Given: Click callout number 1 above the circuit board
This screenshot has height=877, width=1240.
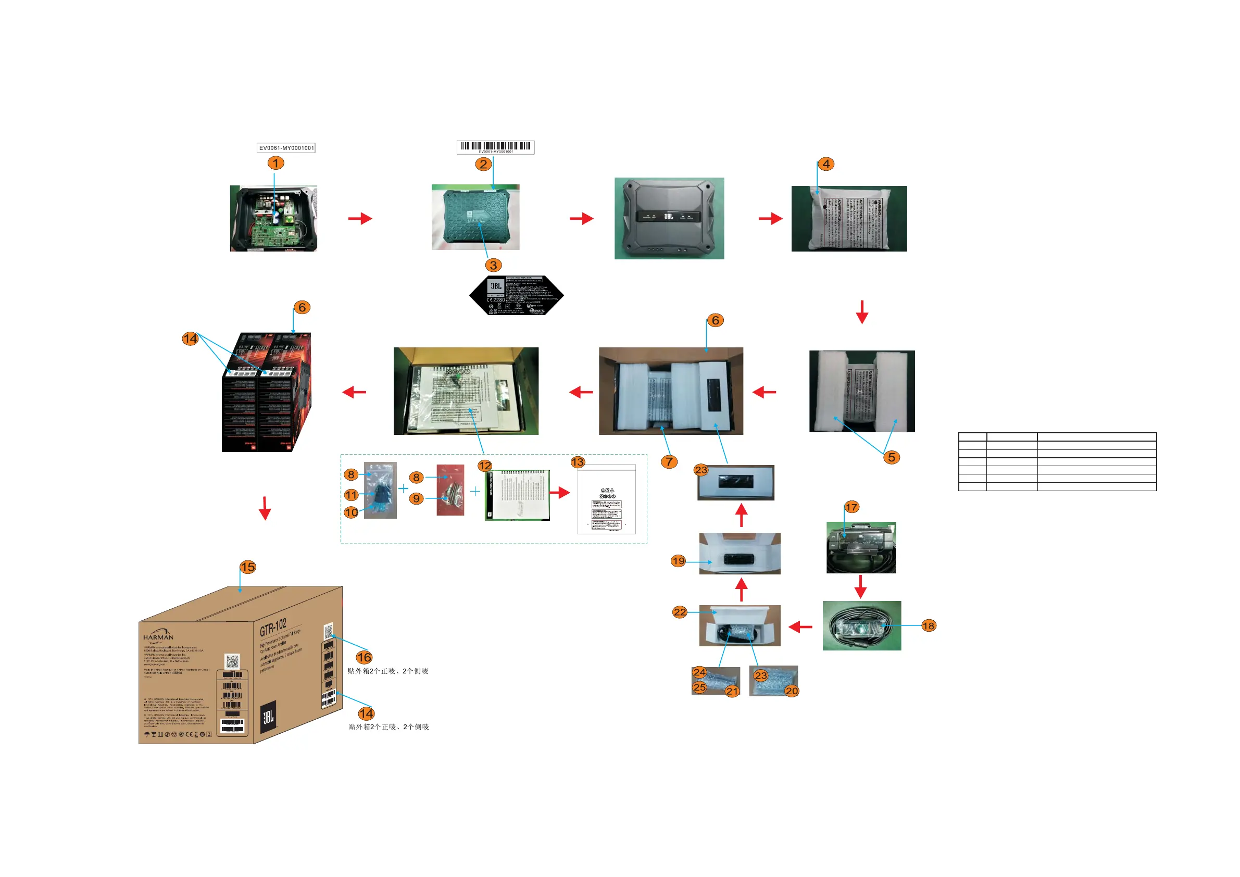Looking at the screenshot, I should [x=275, y=163].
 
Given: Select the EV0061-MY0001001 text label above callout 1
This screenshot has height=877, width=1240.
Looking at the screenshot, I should [x=286, y=148].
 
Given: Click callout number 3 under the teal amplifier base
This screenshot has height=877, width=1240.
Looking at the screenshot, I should [x=493, y=265].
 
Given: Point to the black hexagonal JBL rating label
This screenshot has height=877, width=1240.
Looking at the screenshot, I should [x=516, y=295].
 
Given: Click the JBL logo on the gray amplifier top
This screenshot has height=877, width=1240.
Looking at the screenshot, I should [x=669, y=216].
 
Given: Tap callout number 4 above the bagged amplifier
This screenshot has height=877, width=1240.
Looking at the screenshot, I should [x=826, y=164].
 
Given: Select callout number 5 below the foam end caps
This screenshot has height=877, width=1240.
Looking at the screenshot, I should [x=891, y=457].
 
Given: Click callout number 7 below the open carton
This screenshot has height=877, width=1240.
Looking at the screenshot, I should [x=669, y=462].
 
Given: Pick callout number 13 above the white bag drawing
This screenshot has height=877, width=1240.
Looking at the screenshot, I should [x=578, y=462].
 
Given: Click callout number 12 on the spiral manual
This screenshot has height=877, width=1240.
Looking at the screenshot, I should [x=484, y=466].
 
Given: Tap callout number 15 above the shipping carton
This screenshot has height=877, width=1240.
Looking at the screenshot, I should [x=248, y=567].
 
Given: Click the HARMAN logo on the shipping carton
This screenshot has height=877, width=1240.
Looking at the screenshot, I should [x=158, y=635].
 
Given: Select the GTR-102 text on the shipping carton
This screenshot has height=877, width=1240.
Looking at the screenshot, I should [x=273, y=627].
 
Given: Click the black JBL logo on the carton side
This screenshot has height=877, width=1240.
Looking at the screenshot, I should [x=268, y=717].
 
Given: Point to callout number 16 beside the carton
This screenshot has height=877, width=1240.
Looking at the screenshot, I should [x=364, y=657].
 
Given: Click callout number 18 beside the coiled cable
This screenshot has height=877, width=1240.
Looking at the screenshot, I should [x=929, y=626].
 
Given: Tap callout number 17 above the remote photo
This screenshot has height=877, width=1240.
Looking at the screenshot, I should [x=851, y=507].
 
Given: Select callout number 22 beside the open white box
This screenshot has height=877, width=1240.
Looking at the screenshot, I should [x=680, y=612].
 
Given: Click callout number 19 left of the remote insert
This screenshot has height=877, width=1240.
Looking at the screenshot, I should [x=678, y=561].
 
